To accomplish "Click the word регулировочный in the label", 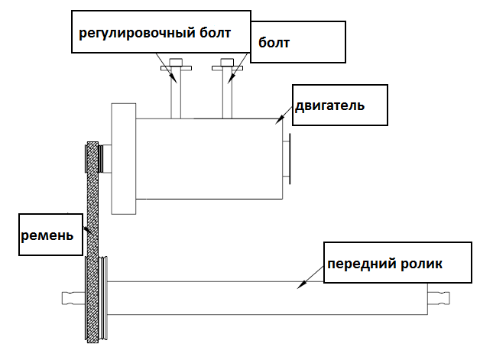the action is tap(138, 34).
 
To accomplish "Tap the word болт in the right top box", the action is tap(274, 43).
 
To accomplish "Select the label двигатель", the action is tap(329, 106).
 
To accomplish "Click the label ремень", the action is tap(47, 235).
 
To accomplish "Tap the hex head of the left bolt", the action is tap(176, 62).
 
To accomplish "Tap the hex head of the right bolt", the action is tap(227, 62).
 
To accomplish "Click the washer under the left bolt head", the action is tap(176, 68).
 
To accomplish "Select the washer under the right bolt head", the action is tap(228, 68).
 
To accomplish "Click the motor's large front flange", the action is tap(124, 158).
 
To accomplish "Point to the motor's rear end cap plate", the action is tap(289, 159).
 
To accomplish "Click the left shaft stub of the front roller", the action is tap(73, 298).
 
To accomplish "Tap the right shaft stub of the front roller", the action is tap(439, 298).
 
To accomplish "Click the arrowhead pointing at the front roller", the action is tap(301, 285).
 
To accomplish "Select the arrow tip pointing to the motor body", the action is tap(278, 121).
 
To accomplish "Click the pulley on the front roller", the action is tap(103, 298).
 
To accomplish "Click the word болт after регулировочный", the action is tap(216, 33).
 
